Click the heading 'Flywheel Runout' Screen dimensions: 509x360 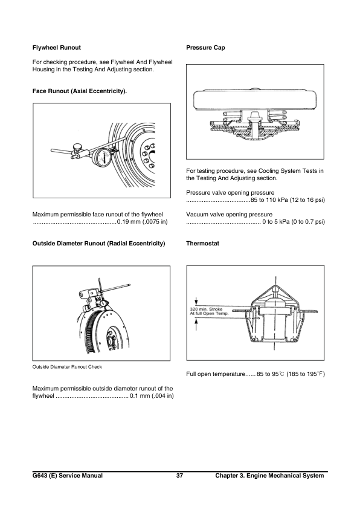pyautogui.click(x=56, y=47)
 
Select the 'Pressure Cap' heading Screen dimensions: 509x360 pyautogui.click(x=206, y=47)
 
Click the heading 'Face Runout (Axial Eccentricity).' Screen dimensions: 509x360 pyautogui.click(x=79, y=91)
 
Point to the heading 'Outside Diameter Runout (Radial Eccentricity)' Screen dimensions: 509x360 pyautogui.click(x=98, y=243)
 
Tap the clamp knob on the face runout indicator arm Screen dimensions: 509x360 pyautogui.click(x=77, y=147)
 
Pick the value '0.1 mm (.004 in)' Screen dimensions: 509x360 pyautogui.click(x=152, y=397)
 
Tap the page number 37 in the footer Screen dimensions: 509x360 pyautogui.click(x=179, y=476)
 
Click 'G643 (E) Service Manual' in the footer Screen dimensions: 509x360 pyautogui.click(x=67, y=476)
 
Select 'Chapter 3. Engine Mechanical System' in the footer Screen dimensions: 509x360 pyautogui.click(x=269, y=476)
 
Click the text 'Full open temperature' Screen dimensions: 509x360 pyautogui.click(x=217, y=375)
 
